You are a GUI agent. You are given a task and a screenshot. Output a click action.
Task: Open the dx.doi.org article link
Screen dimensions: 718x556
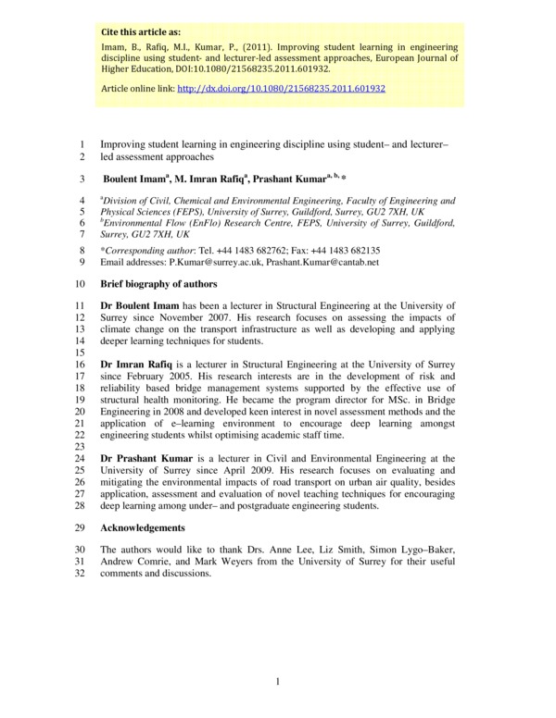click(x=281, y=89)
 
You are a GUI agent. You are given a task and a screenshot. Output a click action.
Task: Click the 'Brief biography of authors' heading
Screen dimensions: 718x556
click(x=158, y=284)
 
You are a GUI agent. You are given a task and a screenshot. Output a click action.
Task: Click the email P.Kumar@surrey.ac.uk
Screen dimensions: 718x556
click(x=215, y=263)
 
